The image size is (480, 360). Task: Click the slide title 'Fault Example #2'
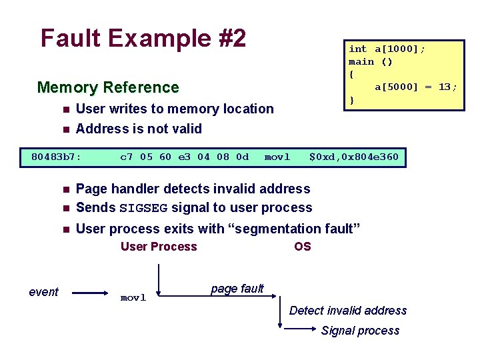143,38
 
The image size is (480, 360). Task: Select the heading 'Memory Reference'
108,87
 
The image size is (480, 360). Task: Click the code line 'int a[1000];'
387,49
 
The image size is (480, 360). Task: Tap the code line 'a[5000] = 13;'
416,87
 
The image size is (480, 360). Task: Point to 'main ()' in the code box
371,61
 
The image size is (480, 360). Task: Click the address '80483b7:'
57,157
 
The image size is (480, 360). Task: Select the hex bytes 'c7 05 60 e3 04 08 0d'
184,157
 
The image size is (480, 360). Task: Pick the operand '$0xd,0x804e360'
353,157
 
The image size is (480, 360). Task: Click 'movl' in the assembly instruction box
277,157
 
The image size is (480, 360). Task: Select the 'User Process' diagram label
159,247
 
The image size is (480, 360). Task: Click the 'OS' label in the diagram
302,247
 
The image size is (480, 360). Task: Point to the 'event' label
44,291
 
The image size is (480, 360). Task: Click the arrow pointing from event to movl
90,292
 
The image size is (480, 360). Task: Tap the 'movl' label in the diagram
133,297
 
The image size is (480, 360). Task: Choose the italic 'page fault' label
237,289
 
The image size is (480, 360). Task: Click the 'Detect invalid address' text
347,311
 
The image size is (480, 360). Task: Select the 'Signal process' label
360,331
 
